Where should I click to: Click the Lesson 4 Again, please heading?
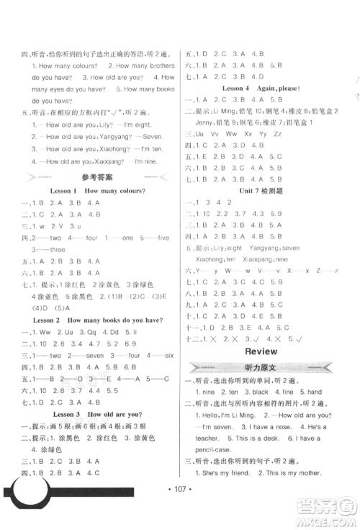tap(261, 88)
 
